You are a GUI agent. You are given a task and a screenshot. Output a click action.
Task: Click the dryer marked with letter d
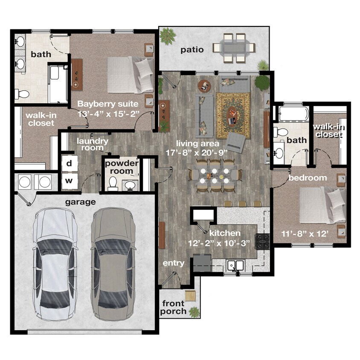[70, 163]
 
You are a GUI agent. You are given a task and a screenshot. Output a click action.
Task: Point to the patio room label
[192, 50]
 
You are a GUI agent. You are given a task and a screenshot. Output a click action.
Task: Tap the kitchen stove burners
[262, 241]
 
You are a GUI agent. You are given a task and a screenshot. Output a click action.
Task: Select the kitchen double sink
[236, 266]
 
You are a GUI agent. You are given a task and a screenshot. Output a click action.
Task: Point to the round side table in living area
[204, 86]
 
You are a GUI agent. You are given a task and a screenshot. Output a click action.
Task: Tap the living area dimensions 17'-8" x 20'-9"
[197, 153]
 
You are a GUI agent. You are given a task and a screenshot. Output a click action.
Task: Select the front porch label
[173, 308]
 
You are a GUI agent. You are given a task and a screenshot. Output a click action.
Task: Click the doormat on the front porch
[190, 295]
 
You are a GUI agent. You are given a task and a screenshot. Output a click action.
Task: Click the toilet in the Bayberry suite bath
[22, 94]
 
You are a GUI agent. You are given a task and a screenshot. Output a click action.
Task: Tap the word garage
[80, 202]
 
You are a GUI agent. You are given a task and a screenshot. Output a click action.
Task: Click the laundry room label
[92, 145]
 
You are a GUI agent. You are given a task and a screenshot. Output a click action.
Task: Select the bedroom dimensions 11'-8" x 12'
[305, 234]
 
